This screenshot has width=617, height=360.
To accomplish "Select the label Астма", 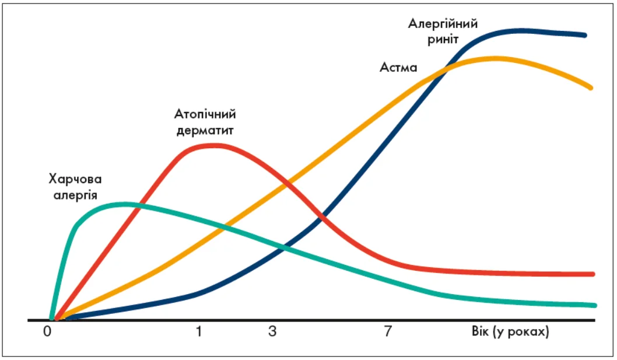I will [398, 68].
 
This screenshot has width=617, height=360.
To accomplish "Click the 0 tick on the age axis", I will [48, 332].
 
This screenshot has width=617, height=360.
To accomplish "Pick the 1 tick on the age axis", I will [199, 332].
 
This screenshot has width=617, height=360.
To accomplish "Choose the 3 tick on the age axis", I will [272, 332].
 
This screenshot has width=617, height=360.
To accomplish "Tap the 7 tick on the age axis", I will [387, 332].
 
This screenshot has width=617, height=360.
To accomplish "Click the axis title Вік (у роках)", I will [510, 332].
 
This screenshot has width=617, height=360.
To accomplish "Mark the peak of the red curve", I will [212, 145].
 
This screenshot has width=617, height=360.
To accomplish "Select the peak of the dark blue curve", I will [521, 30].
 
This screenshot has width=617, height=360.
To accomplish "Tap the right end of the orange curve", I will [591, 88].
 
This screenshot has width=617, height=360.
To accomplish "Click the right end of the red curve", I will [593, 274].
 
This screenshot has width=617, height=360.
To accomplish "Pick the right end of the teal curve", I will [594, 305].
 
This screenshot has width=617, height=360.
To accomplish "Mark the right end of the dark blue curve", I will [584, 35].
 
